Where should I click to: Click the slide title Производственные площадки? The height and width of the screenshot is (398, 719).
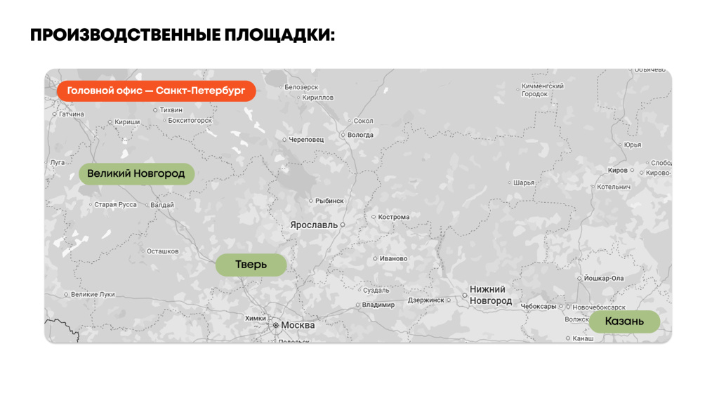click(183, 34)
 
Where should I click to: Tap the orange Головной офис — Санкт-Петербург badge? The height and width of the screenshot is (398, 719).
click(156, 91)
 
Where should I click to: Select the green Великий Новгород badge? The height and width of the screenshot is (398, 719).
click(136, 173)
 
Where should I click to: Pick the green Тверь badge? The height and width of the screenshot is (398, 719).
click(251, 265)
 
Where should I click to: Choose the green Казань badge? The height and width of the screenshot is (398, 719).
click(624, 321)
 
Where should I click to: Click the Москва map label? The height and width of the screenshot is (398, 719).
click(298, 325)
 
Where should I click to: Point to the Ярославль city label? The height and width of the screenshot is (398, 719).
click(313, 225)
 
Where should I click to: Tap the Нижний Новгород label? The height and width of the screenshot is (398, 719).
click(490, 295)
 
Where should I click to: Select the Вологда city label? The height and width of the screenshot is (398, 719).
click(360, 135)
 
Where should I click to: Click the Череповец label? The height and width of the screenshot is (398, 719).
click(306, 140)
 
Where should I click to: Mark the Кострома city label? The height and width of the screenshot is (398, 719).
click(393, 217)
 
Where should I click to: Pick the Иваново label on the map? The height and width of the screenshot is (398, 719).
click(393, 258)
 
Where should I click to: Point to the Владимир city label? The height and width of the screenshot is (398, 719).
click(378, 305)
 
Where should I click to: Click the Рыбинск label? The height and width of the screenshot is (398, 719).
click(329, 201)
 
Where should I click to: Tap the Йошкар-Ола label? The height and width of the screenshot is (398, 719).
click(603, 278)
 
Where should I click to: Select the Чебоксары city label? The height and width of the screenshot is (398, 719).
click(539, 306)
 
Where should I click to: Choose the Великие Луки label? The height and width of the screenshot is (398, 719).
click(93, 294)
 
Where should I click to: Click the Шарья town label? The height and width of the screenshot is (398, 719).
click(524, 183)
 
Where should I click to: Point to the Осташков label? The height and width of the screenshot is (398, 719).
click(162, 251)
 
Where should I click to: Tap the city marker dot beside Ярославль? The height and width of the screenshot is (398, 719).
click(343, 225)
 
